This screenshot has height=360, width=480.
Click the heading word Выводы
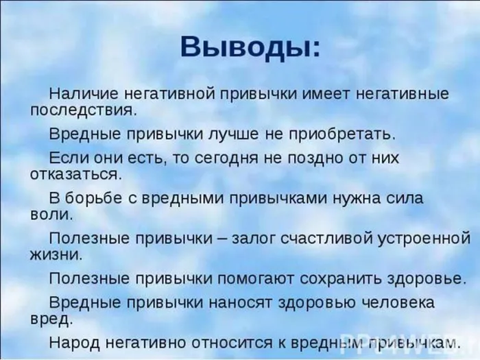(250, 48)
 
